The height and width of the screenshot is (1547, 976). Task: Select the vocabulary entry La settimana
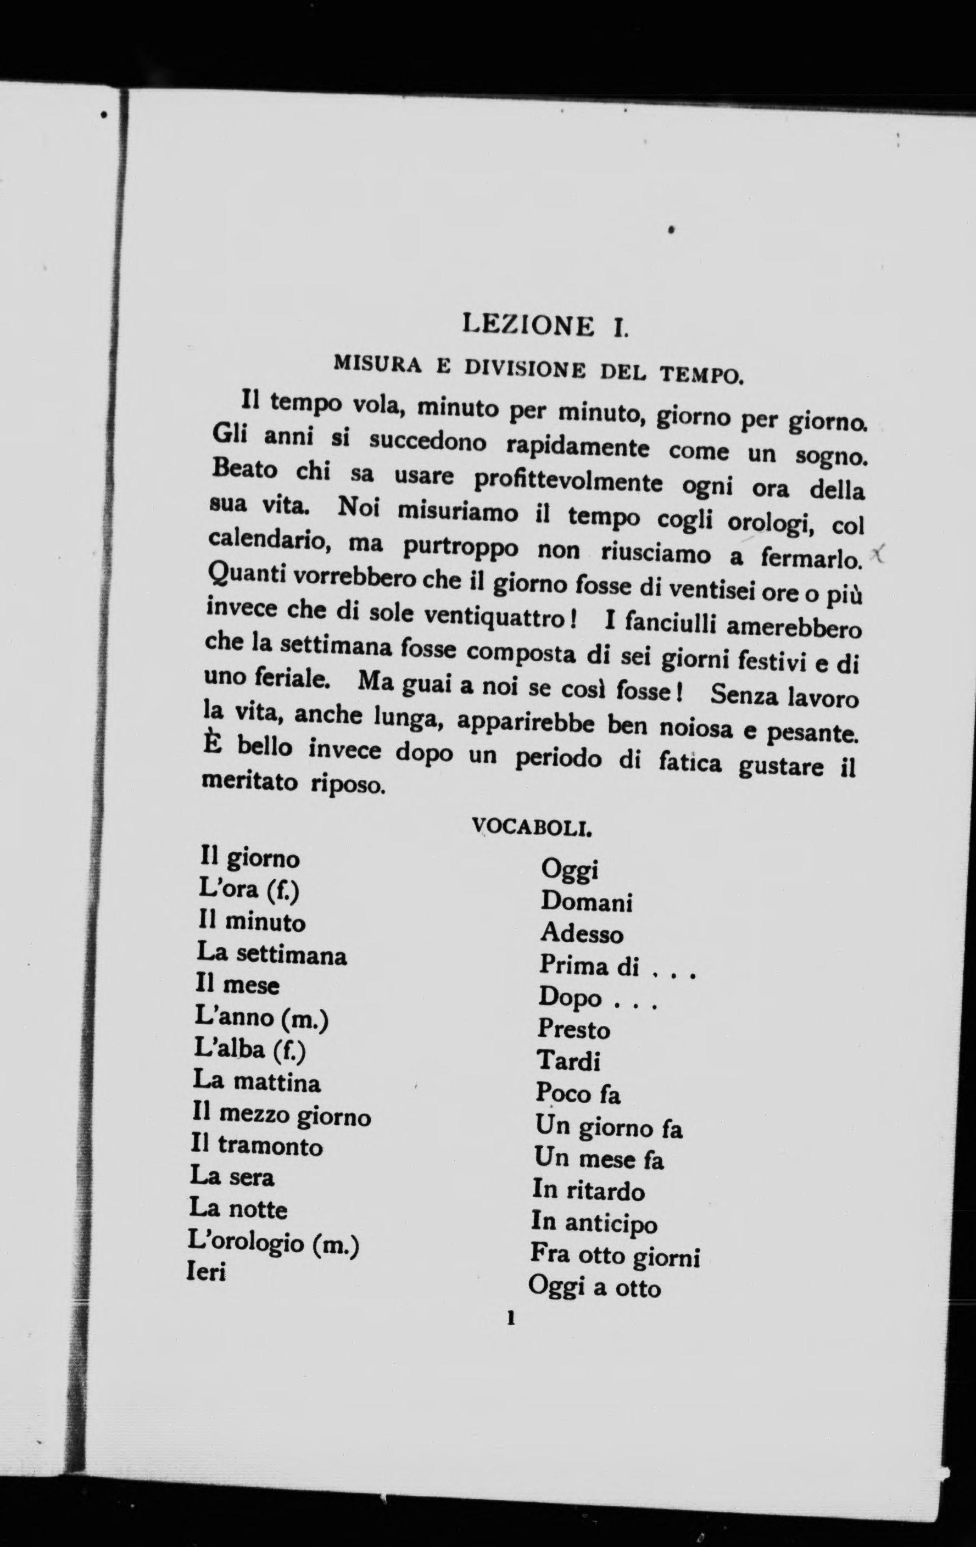coord(271,954)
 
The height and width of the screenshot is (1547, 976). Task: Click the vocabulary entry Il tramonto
coord(256,1145)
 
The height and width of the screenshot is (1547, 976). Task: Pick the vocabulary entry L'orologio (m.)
coord(272,1242)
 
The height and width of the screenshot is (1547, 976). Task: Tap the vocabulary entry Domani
coord(586,901)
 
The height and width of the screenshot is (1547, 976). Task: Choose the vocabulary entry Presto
coord(574,1029)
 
